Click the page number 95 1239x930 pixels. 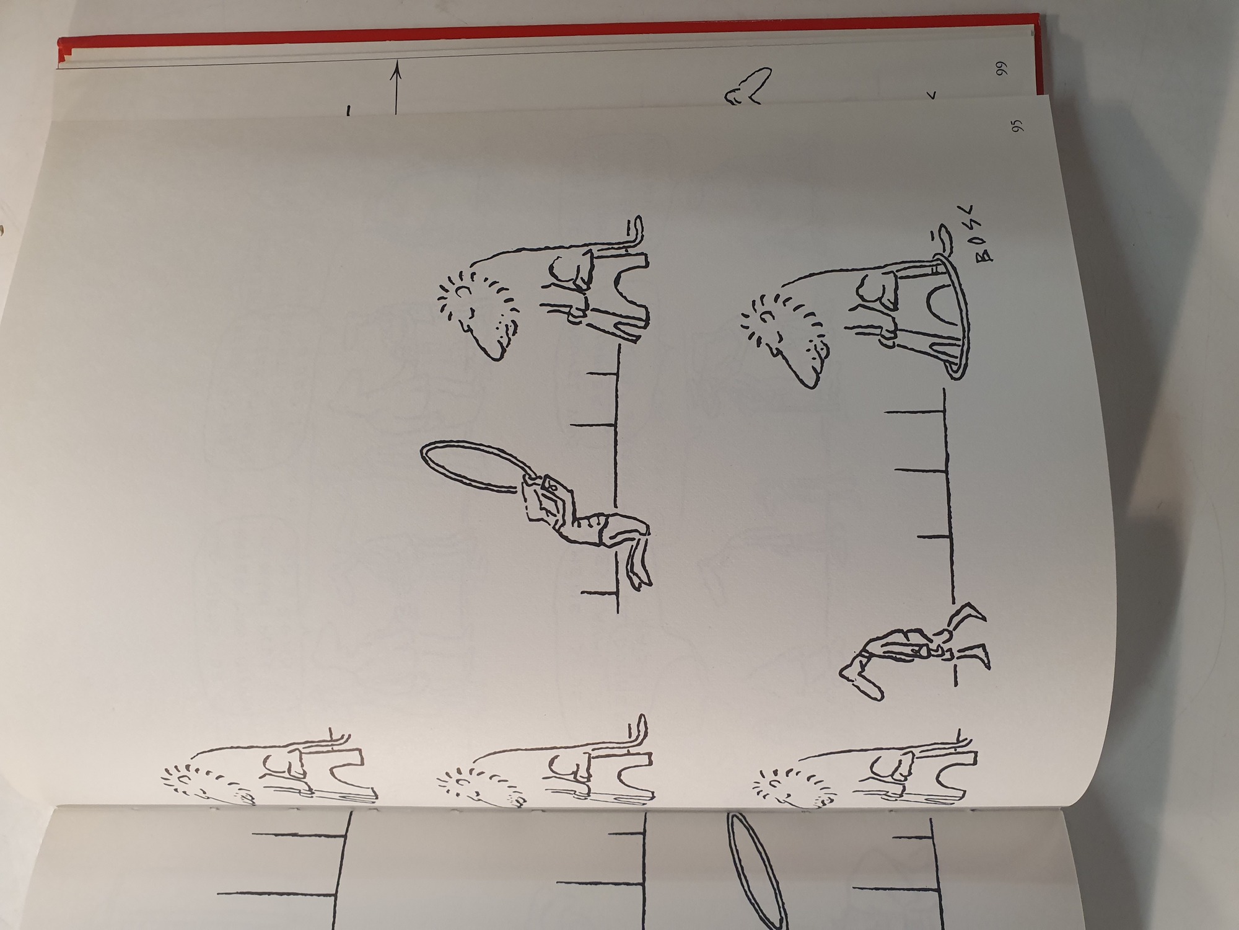point(1017,128)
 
